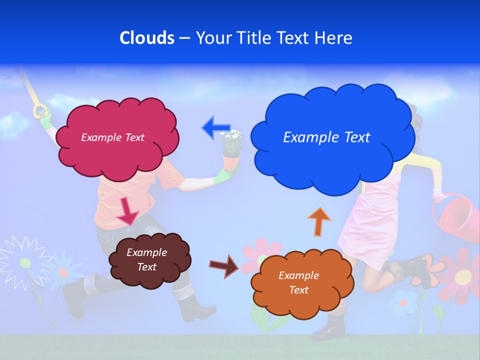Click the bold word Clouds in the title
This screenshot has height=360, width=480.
(x=146, y=37)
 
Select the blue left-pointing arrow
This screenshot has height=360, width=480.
(x=216, y=127)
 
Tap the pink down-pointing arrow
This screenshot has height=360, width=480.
(x=127, y=211)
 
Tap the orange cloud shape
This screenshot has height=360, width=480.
(x=299, y=282)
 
